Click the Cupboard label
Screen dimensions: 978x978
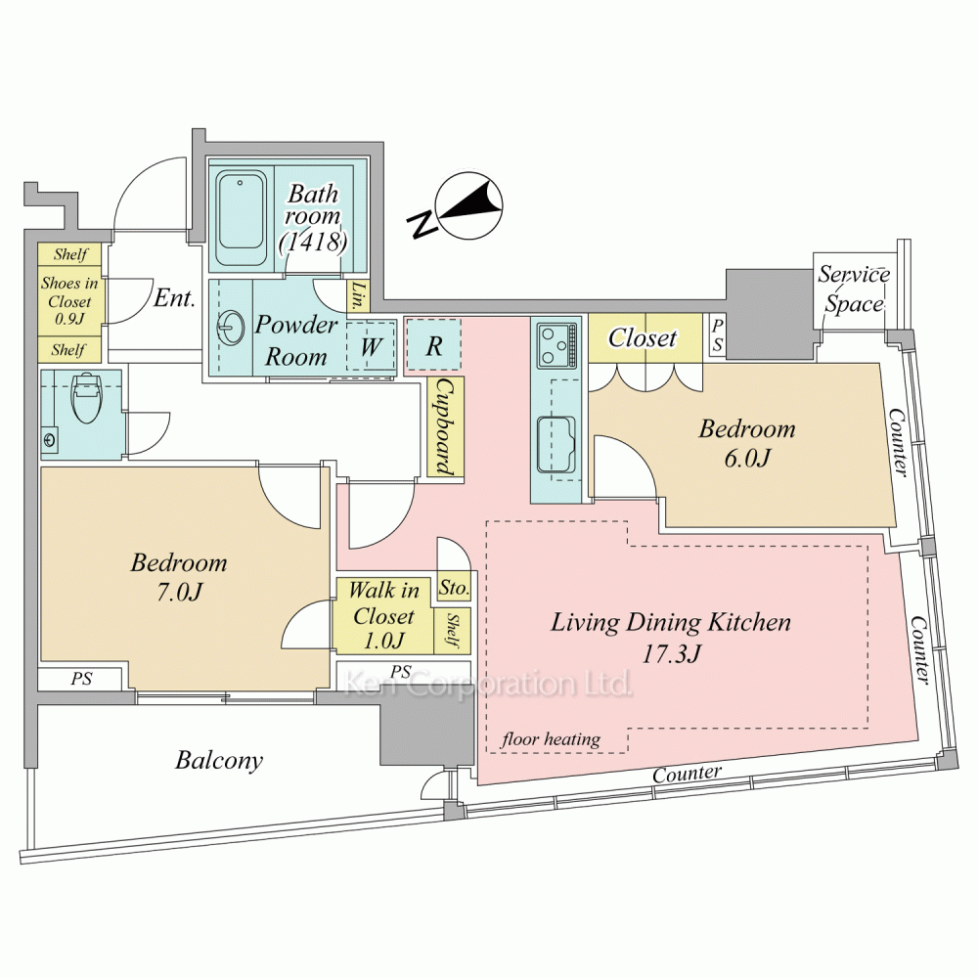445,427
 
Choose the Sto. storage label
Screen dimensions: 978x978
454,589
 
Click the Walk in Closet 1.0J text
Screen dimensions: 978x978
383,616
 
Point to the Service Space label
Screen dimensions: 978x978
854,289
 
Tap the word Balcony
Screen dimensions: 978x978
219,760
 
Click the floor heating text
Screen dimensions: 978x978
551,739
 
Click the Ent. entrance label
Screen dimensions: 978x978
174,298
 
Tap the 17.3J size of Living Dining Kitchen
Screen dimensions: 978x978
671,654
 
